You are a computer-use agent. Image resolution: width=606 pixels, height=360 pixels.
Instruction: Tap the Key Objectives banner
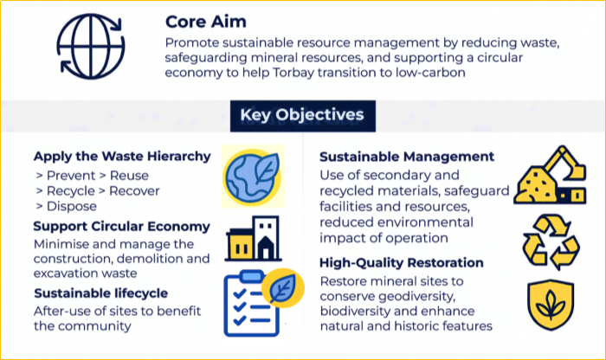pos(302,114)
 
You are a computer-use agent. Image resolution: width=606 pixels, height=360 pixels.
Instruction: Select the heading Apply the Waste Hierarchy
pos(122,157)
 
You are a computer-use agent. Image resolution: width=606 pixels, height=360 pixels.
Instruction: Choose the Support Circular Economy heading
pos(122,227)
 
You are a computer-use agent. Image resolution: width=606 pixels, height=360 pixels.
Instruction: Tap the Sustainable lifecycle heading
pos(100,292)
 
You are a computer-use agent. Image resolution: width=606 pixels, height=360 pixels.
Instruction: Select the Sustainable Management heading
pos(407,157)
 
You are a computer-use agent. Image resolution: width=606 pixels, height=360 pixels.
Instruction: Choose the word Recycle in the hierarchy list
pos(71,190)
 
